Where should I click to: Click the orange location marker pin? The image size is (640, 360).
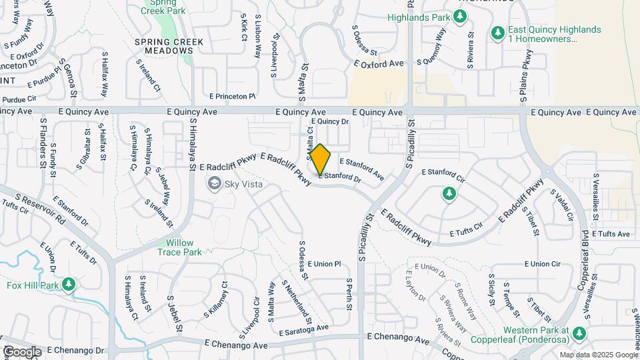[321, 160]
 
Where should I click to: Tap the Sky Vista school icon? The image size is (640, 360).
[215, 183]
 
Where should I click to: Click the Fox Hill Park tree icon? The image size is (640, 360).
[68, 286]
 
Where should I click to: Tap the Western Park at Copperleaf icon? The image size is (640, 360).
[580, 333]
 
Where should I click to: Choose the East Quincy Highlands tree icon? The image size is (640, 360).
[497, 33]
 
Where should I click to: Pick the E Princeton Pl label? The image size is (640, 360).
[232, 97]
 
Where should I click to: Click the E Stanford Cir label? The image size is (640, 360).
[443, 175]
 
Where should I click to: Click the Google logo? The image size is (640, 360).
[22, 351]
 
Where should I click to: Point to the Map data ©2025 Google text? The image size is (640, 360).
[598, 355]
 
